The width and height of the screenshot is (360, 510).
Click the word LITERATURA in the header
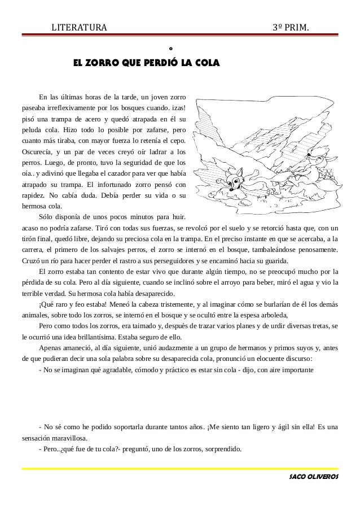(x=75, y=28)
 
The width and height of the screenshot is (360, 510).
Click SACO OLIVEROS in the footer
(x=313, y=477)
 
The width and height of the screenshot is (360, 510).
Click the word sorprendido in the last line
(x=221, y=450)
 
